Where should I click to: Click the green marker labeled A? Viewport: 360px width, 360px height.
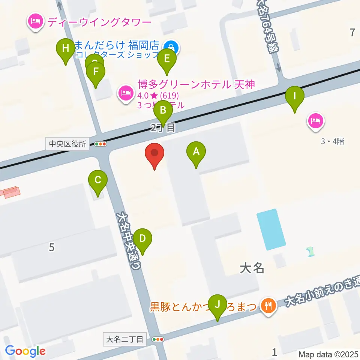click(x=196, y=152)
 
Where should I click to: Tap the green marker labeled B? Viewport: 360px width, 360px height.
click(x=163, y=111)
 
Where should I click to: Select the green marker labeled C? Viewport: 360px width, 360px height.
click(x=97, y=180)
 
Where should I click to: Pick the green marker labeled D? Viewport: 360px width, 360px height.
click(x=142, y=238)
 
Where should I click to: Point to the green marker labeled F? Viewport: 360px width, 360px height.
click(x=96, y=72)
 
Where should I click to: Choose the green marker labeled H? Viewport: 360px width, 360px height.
click(x=66, y=49)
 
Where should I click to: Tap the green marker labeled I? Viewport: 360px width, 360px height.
click(x=295, y=96)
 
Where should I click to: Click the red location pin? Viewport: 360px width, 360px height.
click(x=154, y=153)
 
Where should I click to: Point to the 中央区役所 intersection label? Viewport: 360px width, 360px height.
click(x=67, y=144)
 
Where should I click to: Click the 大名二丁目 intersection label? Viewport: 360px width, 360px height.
click(x=124, y=339)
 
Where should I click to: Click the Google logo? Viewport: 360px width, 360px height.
click(x=25, y=351)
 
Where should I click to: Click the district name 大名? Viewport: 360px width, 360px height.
click(x=252, y=268)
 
